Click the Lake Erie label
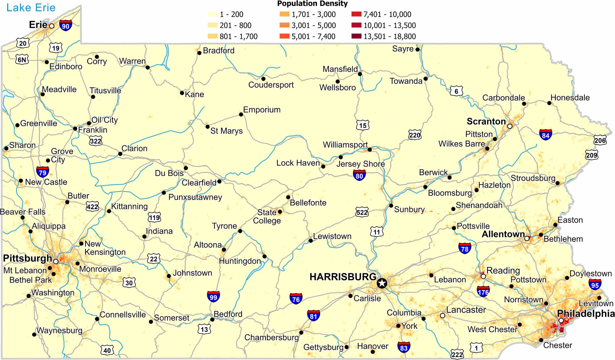click(x=31, y=7)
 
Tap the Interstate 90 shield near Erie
click(x=66, y=26)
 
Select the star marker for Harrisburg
click(x=382, y=283)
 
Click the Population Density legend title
click(x=312, y=4)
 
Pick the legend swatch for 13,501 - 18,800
click(x=356, y=36)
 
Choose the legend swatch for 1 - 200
click(x=213, y=14)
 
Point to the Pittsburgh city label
click(x=27, y=258)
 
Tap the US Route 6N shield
click(x=22, y=59)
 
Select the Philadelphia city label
click(x=586, y=314)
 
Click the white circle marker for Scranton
click(x=510, y=126)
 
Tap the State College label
click(x=267, y=217)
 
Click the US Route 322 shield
click(x=95, y=141)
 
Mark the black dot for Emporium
click(x=241, y=114)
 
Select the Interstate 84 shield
click(x=546, y=135)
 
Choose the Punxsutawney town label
click(x=195, y=197)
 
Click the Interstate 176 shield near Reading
click(x=483, y=292)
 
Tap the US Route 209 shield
click(x=591, y=155)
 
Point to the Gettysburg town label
click(x=323, y=347)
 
